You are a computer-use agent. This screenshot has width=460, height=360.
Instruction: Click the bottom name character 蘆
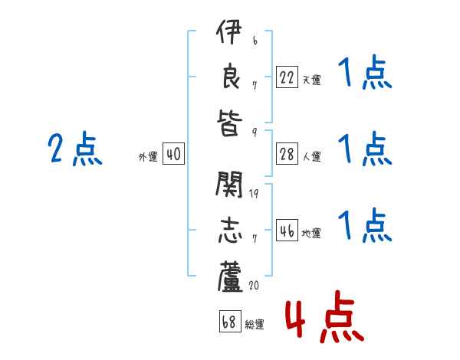230,276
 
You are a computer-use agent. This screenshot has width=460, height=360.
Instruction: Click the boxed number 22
287,77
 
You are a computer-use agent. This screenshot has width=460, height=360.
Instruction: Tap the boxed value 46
287,231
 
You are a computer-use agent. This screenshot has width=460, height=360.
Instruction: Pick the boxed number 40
173,155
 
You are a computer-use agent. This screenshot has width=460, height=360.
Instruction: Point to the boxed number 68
228,321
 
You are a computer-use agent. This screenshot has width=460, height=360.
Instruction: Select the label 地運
312,233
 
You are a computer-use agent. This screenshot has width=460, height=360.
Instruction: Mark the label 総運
255,324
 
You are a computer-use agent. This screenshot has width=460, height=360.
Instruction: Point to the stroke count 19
254,193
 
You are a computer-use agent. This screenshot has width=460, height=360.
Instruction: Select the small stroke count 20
253,285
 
